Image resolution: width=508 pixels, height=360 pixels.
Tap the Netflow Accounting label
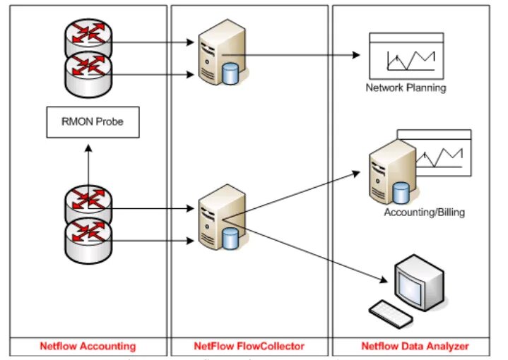(88, 347)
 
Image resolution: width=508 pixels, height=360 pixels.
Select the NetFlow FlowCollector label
(249, 347)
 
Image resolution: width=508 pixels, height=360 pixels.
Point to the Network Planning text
(406, 88)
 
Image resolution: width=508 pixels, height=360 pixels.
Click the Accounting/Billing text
(424, 212)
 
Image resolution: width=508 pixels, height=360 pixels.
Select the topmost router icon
(87, 42)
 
